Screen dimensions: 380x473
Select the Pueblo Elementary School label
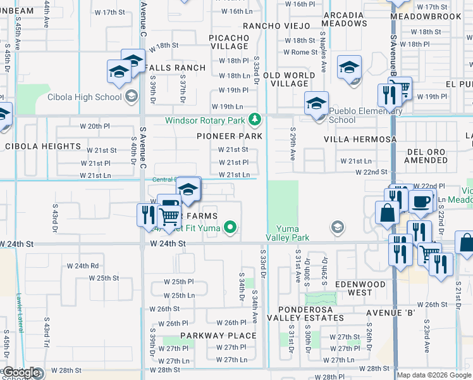[360, 115]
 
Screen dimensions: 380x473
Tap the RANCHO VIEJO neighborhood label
[277, 26]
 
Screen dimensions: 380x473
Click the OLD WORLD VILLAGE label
[289, 80]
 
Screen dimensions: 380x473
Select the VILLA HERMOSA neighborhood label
[360, 139]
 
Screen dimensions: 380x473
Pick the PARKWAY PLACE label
[218, 336]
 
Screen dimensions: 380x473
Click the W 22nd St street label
[371, 172]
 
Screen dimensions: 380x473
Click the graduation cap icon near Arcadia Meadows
[349, 67]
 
